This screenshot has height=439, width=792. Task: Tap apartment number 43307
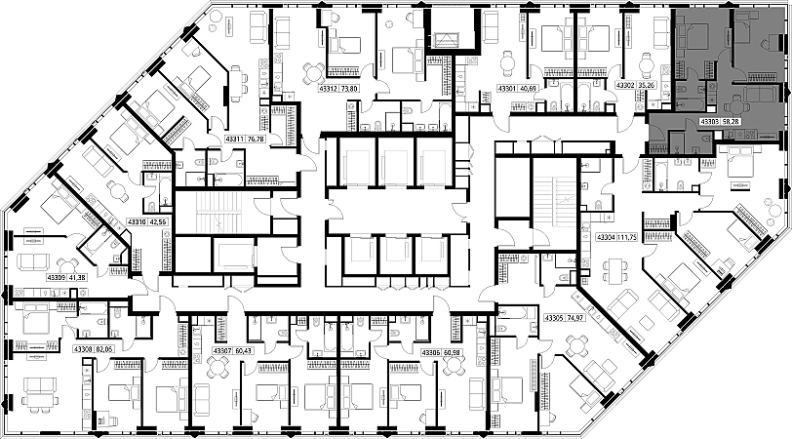point(222,351)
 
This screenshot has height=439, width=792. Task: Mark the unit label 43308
point(83,348)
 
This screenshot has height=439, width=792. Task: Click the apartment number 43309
point(56,278)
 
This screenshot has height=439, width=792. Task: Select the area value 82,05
point(105,348)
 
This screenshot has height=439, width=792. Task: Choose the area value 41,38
point(77,278)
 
